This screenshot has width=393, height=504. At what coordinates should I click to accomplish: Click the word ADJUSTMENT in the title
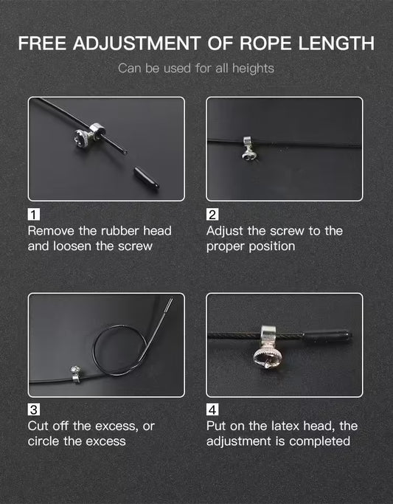tap(137, 43)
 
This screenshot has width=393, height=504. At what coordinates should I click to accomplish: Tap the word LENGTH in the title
tap(336, 43)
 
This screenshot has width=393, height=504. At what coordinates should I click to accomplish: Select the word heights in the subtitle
tap(253, 69)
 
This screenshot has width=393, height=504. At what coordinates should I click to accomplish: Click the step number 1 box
tap(34, 215)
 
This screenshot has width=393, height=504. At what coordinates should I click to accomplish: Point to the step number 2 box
tap(212, 215)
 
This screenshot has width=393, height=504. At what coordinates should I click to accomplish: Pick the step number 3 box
tap(34, 410)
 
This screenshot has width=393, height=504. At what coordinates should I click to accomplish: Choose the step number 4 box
tap(212, 410)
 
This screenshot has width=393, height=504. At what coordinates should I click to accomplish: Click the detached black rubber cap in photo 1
tap(147, 177)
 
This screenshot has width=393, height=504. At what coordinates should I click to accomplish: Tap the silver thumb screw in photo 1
tap(88, 135)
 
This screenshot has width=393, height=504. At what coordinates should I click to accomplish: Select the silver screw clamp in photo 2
tap(248, 149)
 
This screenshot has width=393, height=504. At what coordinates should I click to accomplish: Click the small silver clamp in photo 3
tap(76, 374)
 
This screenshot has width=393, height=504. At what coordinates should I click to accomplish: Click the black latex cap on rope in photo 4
tap(327, 336)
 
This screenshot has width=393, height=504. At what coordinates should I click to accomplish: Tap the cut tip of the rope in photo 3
tap(170, 302)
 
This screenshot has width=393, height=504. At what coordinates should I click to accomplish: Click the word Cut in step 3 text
tap(38, 427)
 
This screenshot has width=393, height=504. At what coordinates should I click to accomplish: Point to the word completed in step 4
tap(319, 441)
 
